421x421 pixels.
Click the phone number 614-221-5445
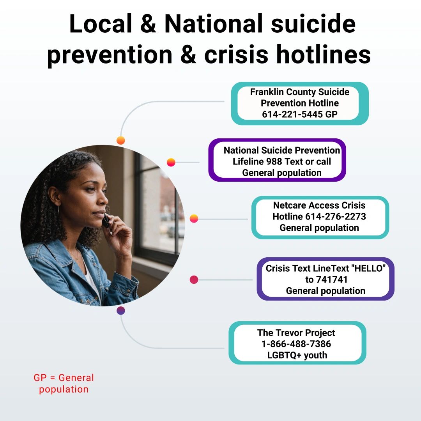coord(292,114)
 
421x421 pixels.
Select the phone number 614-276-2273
coord(336,216)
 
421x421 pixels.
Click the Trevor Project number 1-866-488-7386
coord(296,344)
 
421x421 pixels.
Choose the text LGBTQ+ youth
coord(297,355)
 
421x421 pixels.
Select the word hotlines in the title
coord(324,54)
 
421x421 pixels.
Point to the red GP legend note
coord(64,383)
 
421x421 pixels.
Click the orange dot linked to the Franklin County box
coord(121,140)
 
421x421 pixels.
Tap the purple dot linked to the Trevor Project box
coord(121,311)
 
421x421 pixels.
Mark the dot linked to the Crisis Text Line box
coord(194,279)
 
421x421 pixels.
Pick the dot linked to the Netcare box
coord(194,219)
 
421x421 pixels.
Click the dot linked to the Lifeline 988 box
coord(171,162)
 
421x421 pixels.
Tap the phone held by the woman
coord(106,221)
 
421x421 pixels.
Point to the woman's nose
coord(104,200)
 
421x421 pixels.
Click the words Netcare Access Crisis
coord(319,205)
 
